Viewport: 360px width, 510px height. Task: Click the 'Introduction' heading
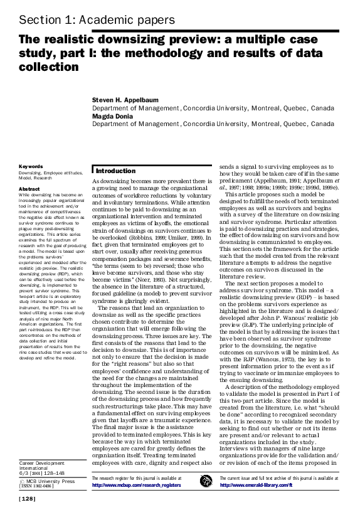[x=115, y=171]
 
